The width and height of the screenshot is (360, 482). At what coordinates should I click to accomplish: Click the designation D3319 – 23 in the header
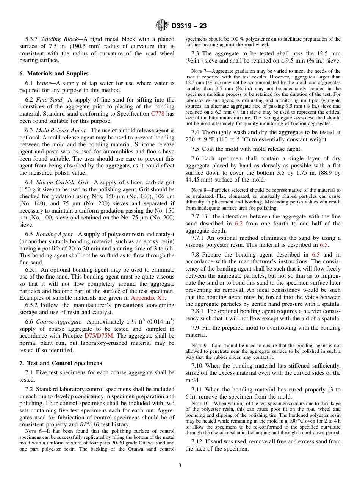(189, 26)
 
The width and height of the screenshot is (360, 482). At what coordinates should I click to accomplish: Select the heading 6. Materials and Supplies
(54, 74)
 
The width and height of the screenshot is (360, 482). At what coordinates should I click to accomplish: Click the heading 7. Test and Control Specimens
(61, 363)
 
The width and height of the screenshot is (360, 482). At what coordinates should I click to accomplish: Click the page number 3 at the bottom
(180, 466)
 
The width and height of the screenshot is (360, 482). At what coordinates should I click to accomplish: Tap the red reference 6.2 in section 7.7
(239, 224)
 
